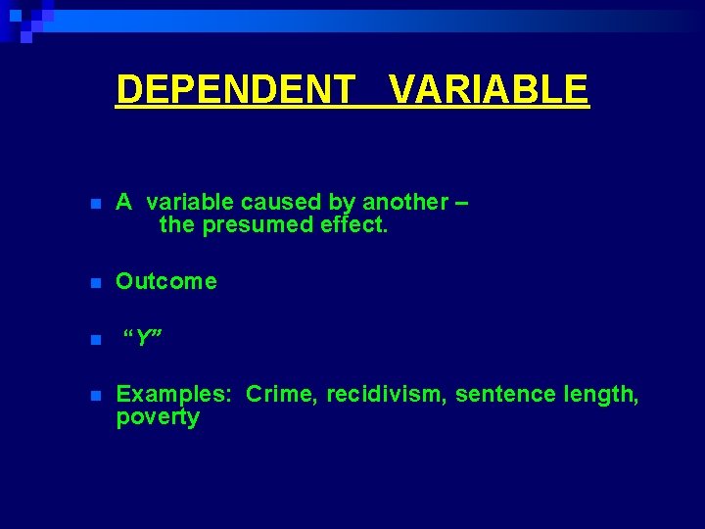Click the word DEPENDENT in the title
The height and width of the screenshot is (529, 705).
click(x=236, y=89)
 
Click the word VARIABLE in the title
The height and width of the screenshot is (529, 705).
click(x=489, y=89)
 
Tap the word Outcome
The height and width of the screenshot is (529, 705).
click(x=166, y=281)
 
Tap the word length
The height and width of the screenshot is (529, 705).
click(x=603, y=394)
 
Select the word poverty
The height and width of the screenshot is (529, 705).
click(x=158, y=418)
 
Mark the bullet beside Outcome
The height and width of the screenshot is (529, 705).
click(x=94, y=283)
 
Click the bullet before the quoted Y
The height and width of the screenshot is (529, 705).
click(x=94, y=341)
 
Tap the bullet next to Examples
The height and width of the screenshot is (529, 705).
click(x=94, y=396)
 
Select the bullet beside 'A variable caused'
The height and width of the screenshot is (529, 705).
click(x=94, y=204)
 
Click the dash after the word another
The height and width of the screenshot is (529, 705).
click(x=462, y=203)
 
